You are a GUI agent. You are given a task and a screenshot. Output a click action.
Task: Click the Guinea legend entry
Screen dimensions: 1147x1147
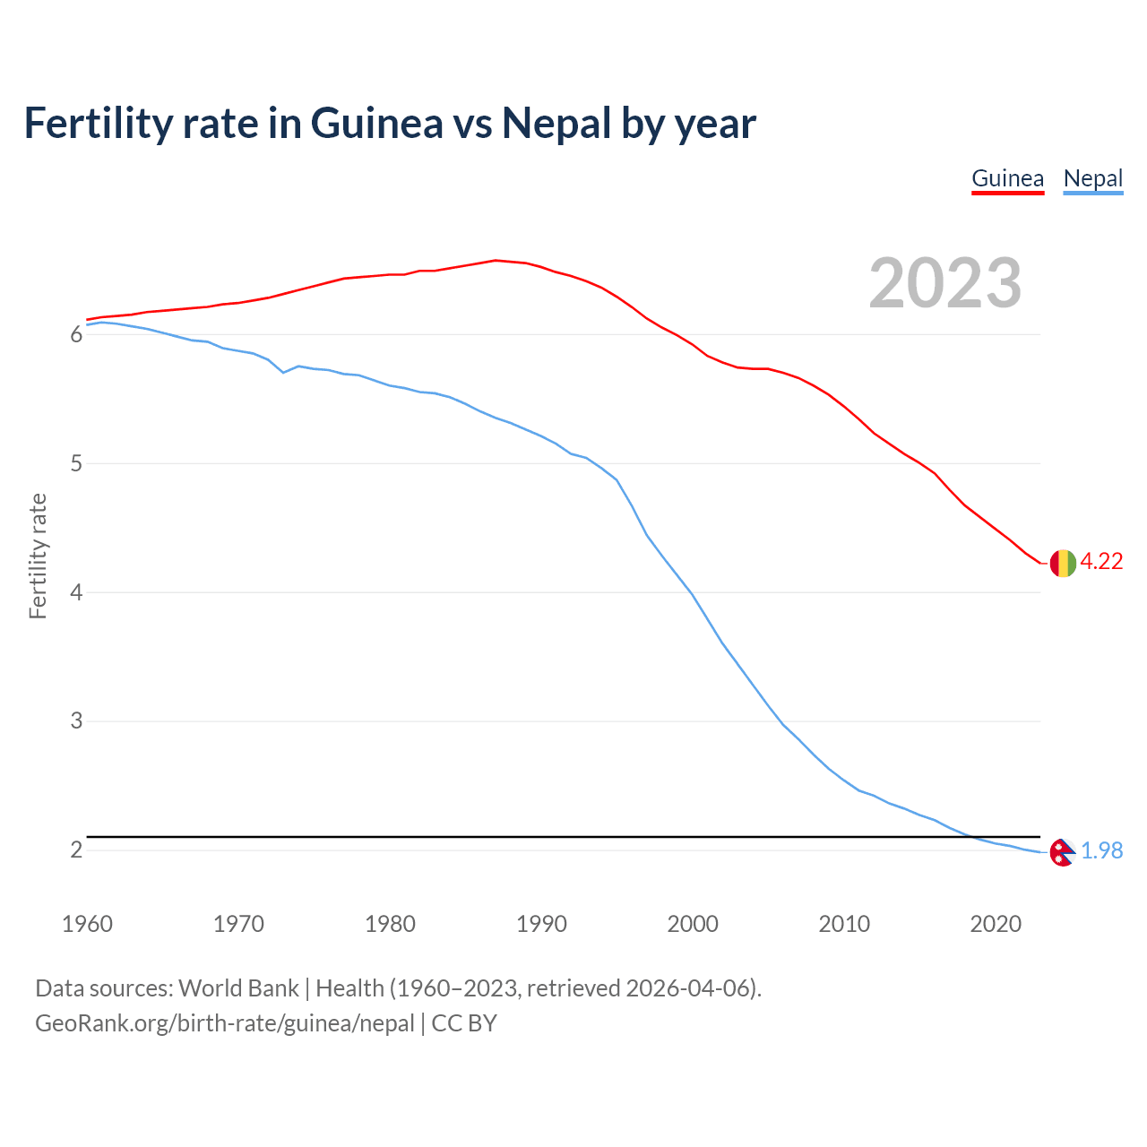click(1007, 178)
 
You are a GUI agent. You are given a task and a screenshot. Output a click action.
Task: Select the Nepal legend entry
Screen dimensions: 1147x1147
click(1092, 178)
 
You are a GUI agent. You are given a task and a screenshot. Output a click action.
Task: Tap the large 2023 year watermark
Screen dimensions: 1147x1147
click(944, 283)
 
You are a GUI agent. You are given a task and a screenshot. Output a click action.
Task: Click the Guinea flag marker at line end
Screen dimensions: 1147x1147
click(1063, 563)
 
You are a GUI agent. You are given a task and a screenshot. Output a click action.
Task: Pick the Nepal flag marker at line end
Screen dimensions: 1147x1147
click(1062, 852)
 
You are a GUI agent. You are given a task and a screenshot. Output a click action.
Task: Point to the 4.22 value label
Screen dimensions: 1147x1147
click(1101, 562)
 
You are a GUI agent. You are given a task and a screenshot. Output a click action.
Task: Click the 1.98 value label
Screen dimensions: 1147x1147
click(1101, 851)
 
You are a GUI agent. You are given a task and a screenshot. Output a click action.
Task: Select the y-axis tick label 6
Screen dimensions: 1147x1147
click(76, 335)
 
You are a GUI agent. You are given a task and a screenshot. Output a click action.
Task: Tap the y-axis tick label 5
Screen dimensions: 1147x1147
click(76, 464)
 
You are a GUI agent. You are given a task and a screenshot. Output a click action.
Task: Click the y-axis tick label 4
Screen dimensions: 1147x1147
click(76, 593)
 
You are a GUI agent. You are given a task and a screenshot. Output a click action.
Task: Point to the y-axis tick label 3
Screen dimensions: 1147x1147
click(76, 721)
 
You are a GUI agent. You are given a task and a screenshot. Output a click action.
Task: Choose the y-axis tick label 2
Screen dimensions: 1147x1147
click(76, 850)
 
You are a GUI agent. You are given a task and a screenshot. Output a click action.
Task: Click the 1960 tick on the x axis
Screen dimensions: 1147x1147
click(87, 924)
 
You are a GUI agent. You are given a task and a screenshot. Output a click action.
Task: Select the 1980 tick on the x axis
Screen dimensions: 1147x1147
click(390, 924)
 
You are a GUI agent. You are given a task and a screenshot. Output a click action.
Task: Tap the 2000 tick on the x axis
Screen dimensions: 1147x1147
click(693, 924)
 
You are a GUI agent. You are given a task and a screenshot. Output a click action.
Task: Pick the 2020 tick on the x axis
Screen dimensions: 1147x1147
click(996, 924)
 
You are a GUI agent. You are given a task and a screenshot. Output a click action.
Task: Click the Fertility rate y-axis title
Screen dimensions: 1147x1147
click(38, 556)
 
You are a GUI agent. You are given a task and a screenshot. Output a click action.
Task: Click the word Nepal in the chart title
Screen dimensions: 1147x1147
click(556, 124)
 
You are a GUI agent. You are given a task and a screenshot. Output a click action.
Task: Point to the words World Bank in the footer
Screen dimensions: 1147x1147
click(238, 988)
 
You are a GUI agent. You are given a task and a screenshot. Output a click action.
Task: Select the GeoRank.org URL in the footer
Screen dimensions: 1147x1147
click(224, 1023)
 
